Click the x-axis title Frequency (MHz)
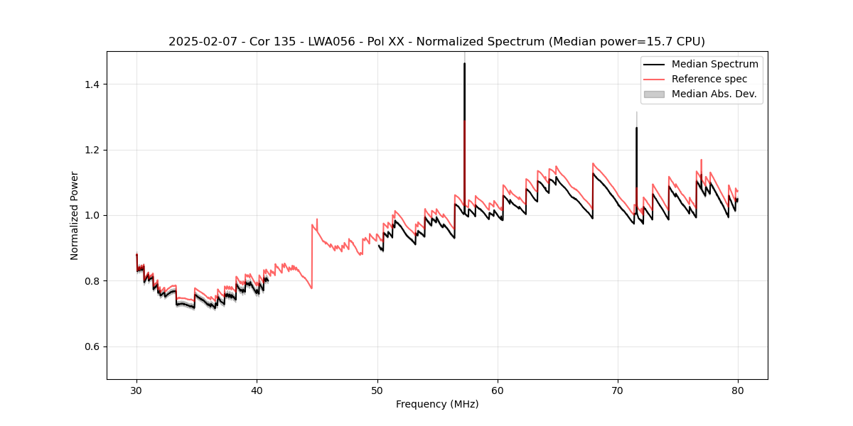point(437,404)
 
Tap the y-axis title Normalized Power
point(74,215)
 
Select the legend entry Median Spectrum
point(714,64)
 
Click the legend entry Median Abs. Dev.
point(714,94)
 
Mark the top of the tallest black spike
point(464,63)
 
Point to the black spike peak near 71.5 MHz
point(636,128)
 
